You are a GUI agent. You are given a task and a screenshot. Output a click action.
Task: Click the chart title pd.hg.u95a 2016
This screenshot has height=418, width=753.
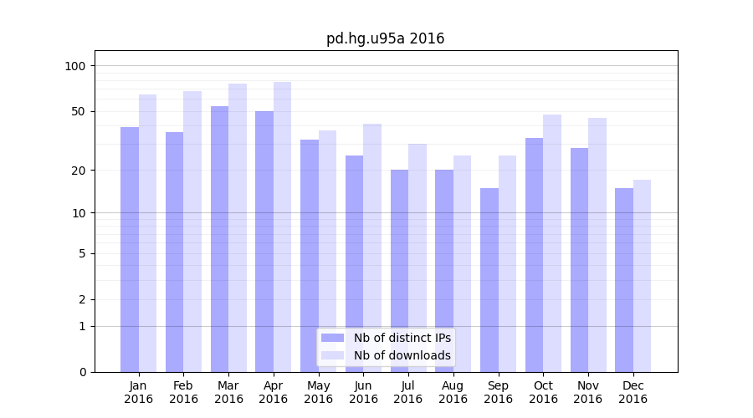point(385,38)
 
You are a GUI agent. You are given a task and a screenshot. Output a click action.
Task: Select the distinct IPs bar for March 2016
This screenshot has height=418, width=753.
point(219,238)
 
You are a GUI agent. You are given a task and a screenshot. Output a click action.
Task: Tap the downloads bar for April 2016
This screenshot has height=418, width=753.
point(282,227)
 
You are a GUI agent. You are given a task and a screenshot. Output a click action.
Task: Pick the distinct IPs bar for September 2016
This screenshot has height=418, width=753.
point(489,280)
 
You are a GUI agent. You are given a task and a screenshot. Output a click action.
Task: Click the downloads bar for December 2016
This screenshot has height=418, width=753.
point(642,276)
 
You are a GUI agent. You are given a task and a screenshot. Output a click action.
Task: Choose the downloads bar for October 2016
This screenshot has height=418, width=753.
point(552,242)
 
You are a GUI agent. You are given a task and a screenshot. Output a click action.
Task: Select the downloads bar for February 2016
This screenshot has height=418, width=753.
point(192,231)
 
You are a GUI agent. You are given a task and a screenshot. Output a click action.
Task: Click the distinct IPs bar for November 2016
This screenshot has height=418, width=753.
point(579,259)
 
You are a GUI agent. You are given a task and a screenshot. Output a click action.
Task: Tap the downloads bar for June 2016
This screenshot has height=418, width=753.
point(372,247)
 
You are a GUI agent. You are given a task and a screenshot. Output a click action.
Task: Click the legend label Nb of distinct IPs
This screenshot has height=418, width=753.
point(402,338)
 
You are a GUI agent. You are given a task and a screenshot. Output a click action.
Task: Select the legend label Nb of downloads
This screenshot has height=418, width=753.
point(402,355)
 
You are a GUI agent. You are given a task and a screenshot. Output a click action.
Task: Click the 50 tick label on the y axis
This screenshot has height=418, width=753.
point(79,111)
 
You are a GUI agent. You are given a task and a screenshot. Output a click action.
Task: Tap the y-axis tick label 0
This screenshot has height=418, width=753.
point(82,372)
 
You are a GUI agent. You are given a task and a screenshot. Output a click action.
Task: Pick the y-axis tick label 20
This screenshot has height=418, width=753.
point(79,171)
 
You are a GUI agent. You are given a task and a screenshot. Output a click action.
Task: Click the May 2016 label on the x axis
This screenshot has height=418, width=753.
point(318,392)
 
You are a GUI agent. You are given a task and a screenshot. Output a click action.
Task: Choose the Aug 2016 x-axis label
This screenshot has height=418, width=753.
point(453,392)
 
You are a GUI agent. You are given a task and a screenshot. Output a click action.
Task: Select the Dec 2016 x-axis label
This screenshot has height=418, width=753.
point(633,392)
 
